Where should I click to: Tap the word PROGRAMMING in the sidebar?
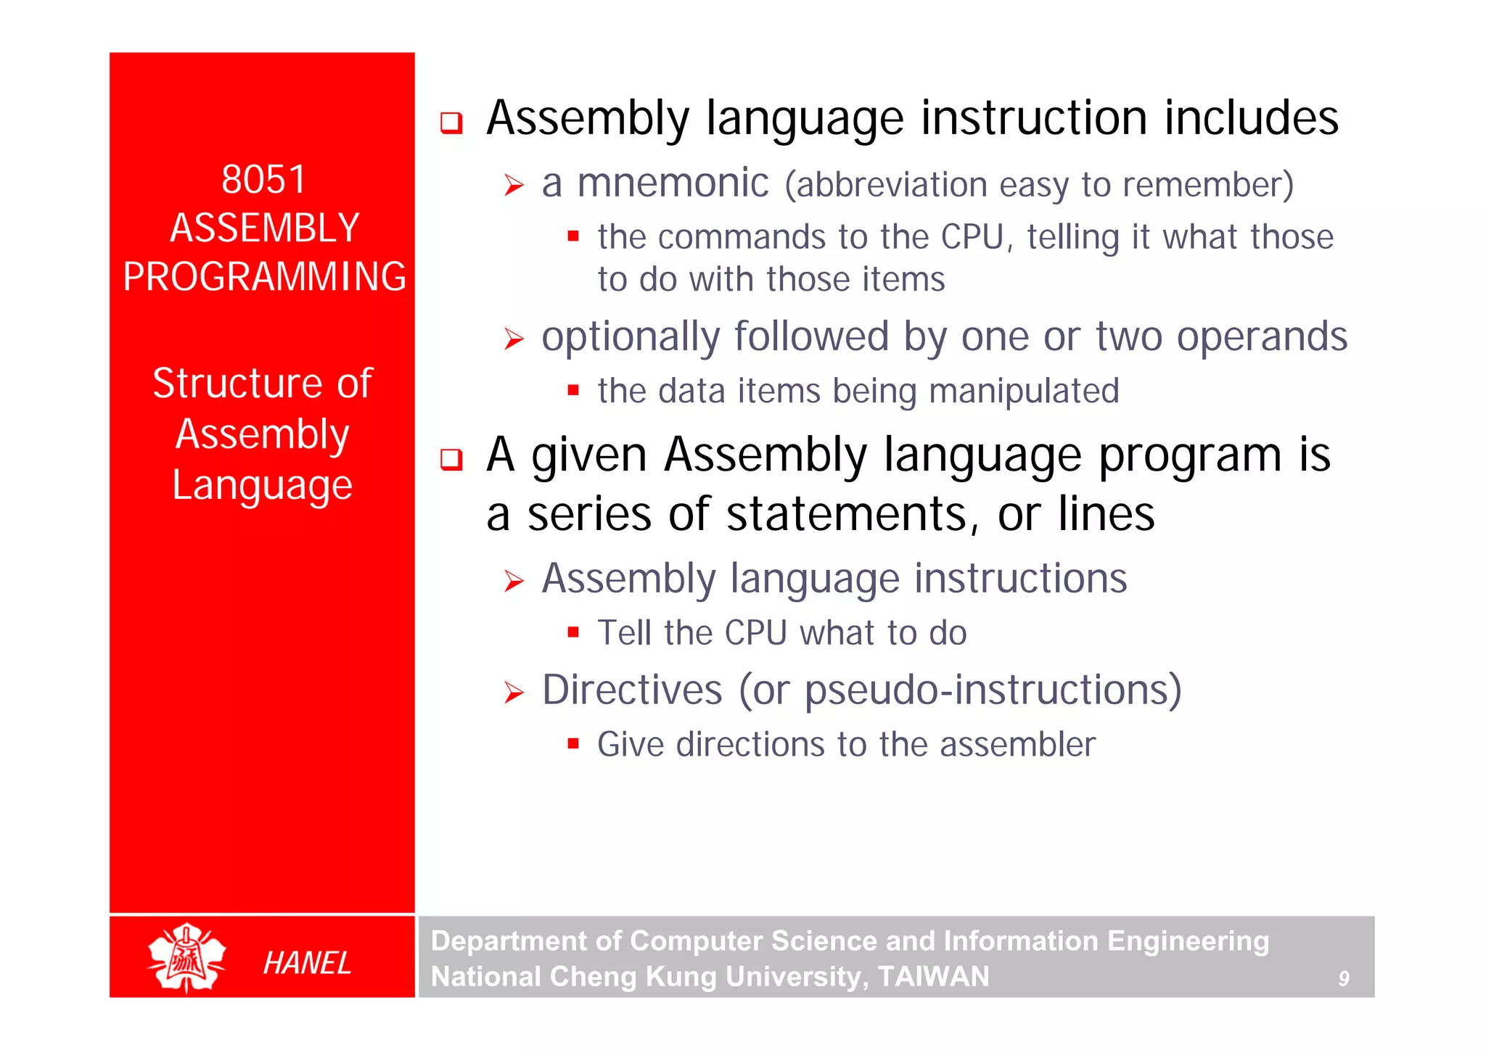(264, 276)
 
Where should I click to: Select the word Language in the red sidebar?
(262, 485)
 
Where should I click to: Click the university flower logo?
(186, 958)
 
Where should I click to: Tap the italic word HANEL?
(307, 963)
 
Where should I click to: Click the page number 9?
(1343, 979)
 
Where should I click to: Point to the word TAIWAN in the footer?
(933, 976)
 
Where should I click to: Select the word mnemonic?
(673, 183)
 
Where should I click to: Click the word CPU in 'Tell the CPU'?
(755, 632)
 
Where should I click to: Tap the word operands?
(1261, 336)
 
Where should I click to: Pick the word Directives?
(632, 690)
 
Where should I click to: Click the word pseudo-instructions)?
(993, 690)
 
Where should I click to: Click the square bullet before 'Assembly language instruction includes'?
(451, 123)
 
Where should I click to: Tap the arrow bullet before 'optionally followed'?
(514, 339)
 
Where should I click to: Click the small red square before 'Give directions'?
(573, 743)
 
